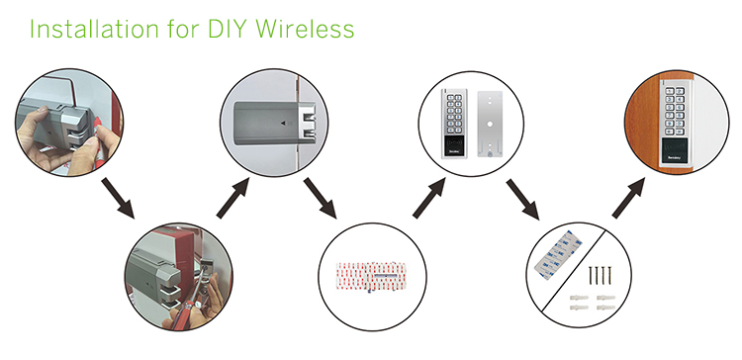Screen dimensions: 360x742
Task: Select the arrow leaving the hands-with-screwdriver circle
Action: pos(122,199)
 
